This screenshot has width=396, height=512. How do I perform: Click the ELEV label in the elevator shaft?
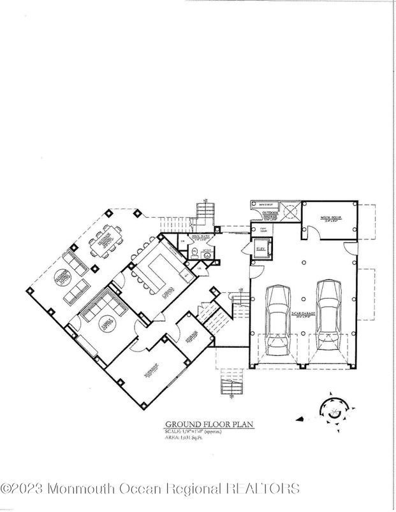click(261, 248)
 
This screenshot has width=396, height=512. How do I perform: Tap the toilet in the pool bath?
click(194, 250)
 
